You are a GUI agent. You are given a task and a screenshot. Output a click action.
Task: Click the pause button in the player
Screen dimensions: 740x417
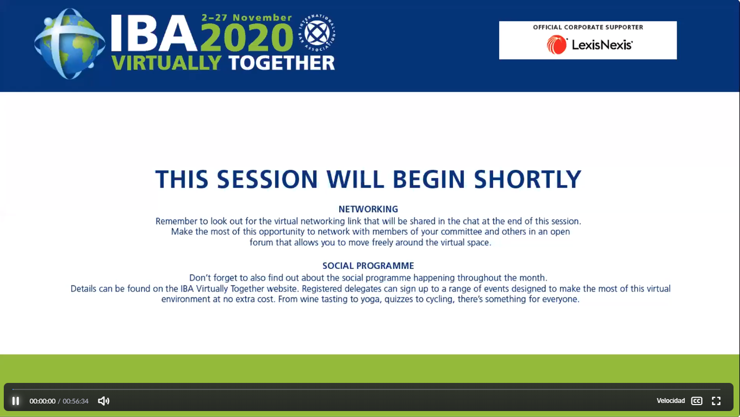(16, 401)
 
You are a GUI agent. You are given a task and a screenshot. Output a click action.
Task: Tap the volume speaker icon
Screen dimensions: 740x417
(104, 401)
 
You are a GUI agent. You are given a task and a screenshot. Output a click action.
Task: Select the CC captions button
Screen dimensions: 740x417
(697, 401)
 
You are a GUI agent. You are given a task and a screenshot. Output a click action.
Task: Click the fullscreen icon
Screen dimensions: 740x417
(716, 401)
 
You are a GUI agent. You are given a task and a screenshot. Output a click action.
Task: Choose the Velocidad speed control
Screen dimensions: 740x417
(671, 401)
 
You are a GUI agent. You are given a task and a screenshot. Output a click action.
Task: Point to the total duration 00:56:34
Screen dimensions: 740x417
(76, 401)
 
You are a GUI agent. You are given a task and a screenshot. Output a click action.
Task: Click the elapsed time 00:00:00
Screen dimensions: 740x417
(42, 401)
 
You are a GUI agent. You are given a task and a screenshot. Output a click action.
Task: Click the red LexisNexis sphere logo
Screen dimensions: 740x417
(557, 45)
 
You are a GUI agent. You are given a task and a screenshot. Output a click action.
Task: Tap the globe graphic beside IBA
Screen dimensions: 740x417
(69, 44)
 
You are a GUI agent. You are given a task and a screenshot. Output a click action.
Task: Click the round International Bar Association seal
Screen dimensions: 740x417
(317, 33)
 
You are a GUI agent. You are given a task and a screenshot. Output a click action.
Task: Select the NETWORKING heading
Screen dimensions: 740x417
(368, 209)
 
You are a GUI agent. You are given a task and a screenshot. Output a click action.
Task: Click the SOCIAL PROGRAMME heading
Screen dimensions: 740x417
(368, 266)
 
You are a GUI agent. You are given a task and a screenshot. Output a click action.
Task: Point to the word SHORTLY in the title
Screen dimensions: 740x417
(527, 179)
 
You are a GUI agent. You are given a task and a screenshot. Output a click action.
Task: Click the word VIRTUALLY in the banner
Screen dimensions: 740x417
(166, 63)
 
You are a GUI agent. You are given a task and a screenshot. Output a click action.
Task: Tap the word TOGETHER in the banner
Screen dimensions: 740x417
(281, 63)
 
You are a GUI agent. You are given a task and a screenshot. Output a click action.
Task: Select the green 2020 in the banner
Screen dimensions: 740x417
(246, 37)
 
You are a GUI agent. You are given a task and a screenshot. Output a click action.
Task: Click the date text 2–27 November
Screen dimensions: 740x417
(246, 17)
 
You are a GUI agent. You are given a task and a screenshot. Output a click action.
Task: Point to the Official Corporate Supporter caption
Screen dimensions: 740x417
(588, 27)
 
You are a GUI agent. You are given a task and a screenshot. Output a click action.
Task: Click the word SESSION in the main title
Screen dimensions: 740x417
(267, 179)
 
